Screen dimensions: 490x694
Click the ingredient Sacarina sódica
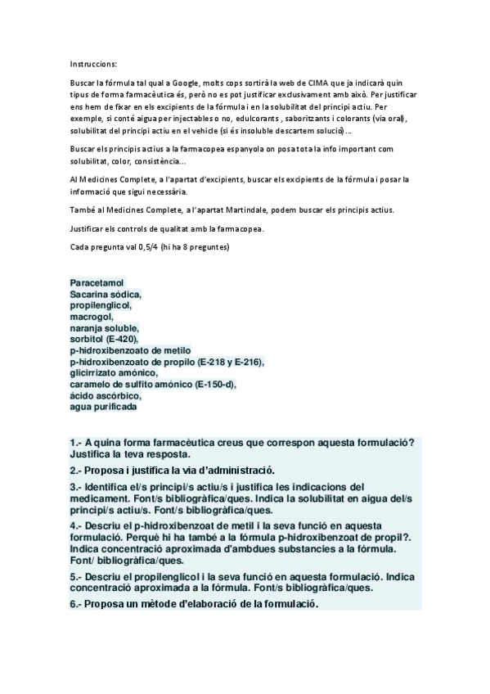point(106,294)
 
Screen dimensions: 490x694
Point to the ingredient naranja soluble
point(105,327)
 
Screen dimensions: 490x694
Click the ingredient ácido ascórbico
point(106,395)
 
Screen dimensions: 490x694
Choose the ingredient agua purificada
point(103,407)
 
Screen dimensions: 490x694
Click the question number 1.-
point(77,443)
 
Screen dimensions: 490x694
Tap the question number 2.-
point(77,470)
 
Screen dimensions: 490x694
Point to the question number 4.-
point(77,525)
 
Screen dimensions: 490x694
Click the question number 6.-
point(77,605)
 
